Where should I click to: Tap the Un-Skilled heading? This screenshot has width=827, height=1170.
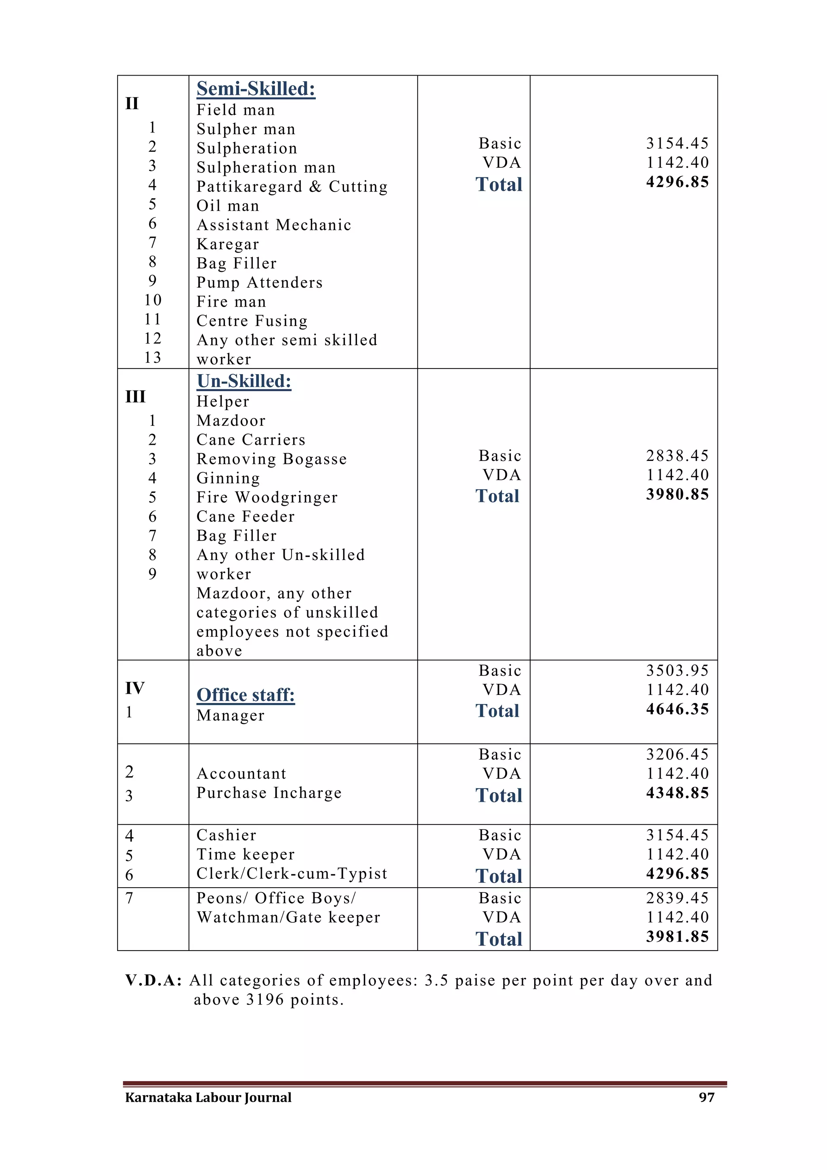click(244, 381)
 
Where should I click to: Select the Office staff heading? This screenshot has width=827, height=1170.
click(246, 695)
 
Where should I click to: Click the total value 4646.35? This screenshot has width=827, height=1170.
click(677, 709)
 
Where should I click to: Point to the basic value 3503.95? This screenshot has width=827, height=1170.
click(677, 671)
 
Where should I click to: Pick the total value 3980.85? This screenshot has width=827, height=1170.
click(677, 494)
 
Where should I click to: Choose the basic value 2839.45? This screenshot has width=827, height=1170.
click(677, 898)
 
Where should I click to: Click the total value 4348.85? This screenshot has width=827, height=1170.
click(677, 793)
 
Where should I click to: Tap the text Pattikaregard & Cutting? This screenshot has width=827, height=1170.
click(292, 187)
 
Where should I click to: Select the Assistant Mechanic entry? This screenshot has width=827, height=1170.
click(274, 225)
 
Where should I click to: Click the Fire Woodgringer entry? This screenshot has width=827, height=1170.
click(267, 497)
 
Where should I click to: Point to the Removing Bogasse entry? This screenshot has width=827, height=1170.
click(271, 459)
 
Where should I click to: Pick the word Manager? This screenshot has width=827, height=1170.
click(230, 715)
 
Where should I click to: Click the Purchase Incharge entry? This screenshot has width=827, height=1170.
click(269, 793)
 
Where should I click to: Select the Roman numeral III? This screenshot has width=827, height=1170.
click(135, 396)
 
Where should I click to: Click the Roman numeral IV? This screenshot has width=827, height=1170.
click(135, 688)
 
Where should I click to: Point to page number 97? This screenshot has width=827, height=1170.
click(706, 1097)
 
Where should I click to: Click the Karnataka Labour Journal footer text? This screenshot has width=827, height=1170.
click(208, 1097)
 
